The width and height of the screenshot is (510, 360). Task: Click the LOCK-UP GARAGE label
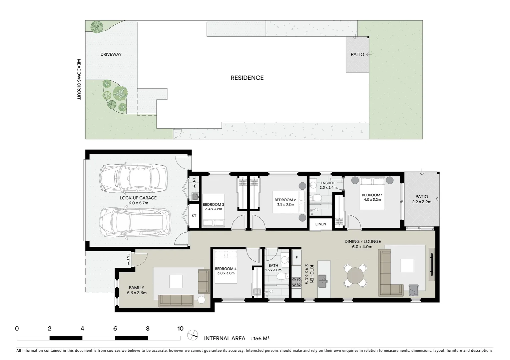tap(138, 198)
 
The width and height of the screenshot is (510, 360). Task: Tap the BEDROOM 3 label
tap(213, 205)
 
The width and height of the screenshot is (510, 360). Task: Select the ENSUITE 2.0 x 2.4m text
tap(328, 185)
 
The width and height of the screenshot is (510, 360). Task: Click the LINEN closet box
tap(321, 224)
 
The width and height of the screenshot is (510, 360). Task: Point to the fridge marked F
tap(296, 258)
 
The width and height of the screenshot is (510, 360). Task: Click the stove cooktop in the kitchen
tap(296, 282)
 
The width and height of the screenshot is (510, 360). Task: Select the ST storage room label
tap(194, 216)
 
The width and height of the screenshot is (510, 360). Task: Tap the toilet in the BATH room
tap(282, 276)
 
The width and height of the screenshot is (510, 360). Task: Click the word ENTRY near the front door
tap(128, 260)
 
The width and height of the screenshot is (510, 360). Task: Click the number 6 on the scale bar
tap(115, 329)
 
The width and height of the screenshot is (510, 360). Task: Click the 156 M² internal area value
tap(262, 338)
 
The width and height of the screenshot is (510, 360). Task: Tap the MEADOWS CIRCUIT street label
tap(79, 79)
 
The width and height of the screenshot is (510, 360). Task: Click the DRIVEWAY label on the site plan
tap(111, 54)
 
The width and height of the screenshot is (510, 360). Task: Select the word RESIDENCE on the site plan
tap(247, 78)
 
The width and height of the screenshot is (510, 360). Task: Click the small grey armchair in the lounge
tap(413, 290)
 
